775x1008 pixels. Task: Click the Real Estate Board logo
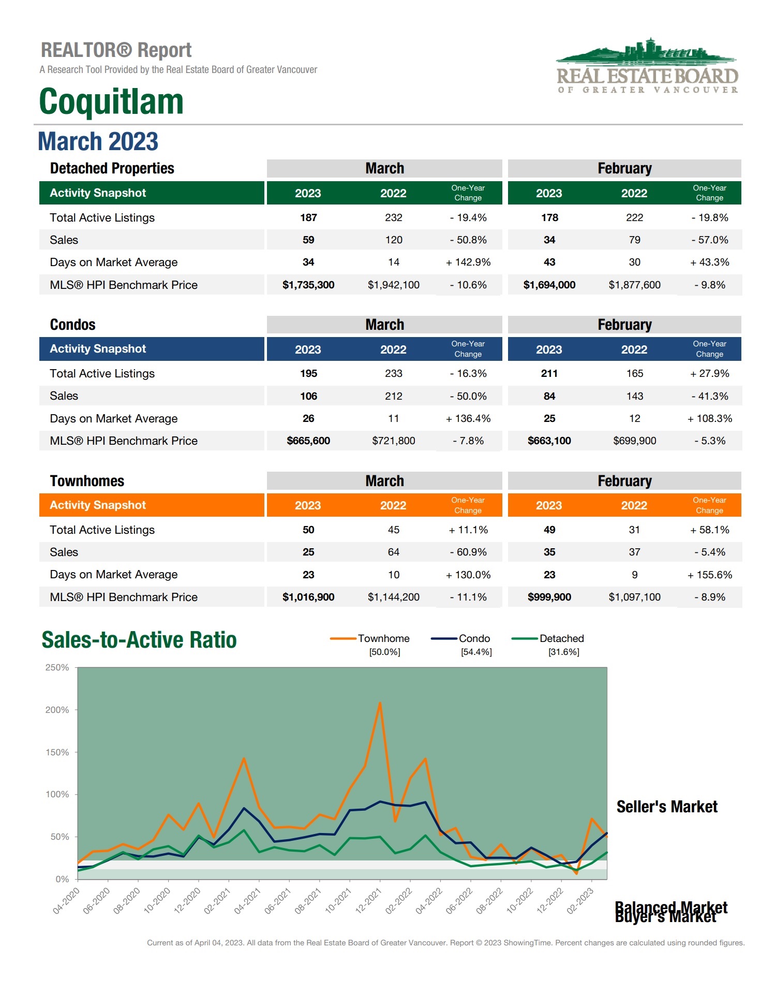[647, 66]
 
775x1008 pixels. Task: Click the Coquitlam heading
[111, 101]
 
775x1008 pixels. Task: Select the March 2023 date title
[98, 141]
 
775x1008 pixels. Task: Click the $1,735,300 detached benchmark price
[308, 285]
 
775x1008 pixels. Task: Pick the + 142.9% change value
[468, 262]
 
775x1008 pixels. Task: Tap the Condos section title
[72, 325]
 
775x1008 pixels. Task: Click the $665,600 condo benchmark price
[308, 441]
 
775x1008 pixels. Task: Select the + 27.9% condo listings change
[709, 373]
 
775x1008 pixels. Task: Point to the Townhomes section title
[87, 481]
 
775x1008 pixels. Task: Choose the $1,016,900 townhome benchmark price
[308, 597]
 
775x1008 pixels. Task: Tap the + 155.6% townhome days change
[709, 575]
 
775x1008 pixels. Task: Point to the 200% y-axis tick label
[57, 710]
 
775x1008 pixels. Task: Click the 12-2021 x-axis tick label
[368, 901]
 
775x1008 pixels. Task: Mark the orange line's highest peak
[380, 703]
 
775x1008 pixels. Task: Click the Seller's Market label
[666, 807]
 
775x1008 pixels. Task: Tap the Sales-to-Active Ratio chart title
[139, 640]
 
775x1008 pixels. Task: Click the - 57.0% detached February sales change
[709, 240]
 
